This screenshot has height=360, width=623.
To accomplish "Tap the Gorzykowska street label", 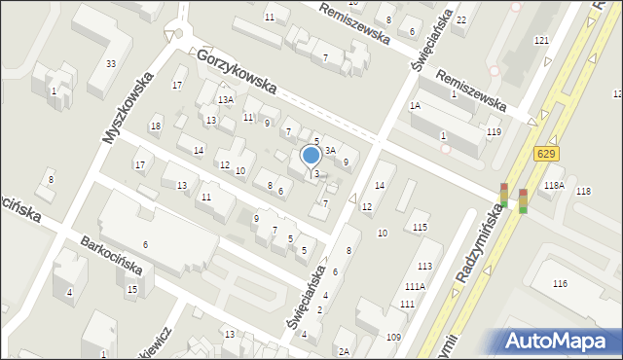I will click(237, 72).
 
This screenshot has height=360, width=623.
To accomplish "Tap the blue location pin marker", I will click(311, 156).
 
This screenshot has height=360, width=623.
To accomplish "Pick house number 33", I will click(112, 64).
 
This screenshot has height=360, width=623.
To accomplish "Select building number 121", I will click(541, 40).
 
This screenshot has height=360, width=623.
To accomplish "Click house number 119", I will click(495, 132).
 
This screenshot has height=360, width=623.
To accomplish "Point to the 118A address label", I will click(555, 186).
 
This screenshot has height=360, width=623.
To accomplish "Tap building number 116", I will click(560, 283).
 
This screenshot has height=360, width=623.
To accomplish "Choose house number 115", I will click(420, 227).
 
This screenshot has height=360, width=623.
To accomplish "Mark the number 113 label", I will click(425, 266).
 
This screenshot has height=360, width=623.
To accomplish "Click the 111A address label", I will click(416, 286).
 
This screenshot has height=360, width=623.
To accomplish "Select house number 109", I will click(393, 337).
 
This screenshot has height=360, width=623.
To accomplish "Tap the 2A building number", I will click(344, 352).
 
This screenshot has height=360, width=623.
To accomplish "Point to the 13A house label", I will click(226, 100).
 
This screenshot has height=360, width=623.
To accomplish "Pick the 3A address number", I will click(330, 150).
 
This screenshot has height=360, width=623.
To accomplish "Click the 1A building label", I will click(415, 105).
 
